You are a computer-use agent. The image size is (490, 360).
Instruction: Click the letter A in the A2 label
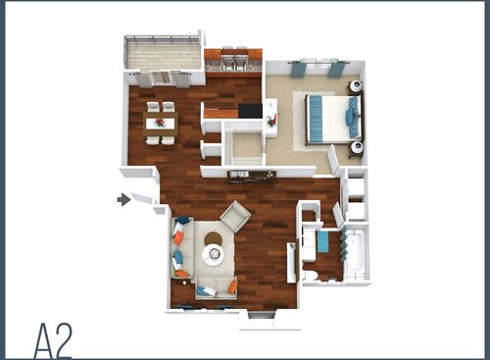[x=45, y=339]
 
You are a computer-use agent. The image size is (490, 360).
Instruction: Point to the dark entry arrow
[x=123, y=199]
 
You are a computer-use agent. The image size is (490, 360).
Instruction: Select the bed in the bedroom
[x=331, y=118]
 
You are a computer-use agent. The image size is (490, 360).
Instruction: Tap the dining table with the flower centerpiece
[x=161, y=124]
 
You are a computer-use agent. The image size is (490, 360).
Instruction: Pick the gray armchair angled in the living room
[x=235, y=215]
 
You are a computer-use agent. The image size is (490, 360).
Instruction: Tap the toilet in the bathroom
[x=312, y=274]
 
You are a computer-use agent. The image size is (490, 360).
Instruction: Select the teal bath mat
[x=322, y=241]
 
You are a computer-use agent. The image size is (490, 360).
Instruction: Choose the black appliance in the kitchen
[x=251, y=111]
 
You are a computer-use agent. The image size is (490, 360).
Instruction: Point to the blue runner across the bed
[x=318, y=118]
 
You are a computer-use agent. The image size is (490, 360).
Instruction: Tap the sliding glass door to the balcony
[x=164, y=77]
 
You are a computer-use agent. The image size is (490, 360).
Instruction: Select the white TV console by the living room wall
[x=291, y=262]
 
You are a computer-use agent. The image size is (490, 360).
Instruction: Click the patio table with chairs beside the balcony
[x=233, y=60]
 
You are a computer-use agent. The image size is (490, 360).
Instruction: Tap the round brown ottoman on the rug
[x=213, y=237]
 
